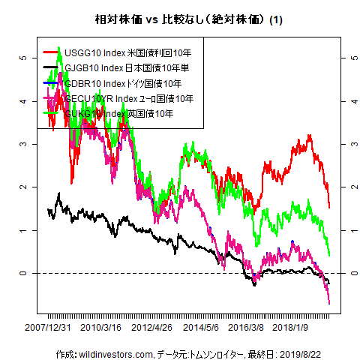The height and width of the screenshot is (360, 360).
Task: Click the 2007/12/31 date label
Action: tap(49, 327)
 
